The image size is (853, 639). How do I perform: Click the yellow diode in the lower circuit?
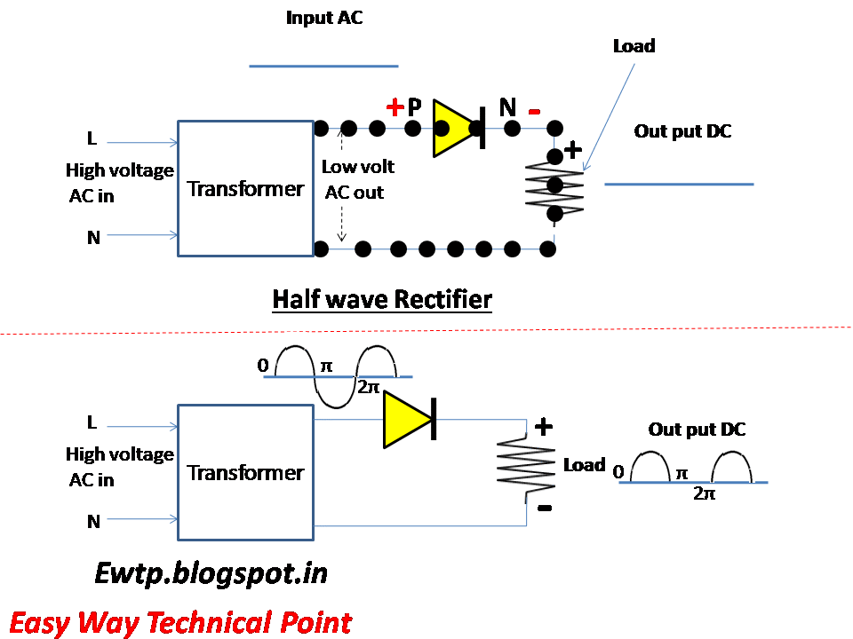[x=408, y=420]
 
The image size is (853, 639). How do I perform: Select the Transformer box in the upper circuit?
[x=245, y=188]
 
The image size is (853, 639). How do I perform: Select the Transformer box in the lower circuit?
[x=245, y=472]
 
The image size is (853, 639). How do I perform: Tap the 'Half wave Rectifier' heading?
[x=381, y=299]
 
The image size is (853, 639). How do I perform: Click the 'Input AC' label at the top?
[x=324, y=18]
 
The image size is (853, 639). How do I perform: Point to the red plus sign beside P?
[x=395, y=108]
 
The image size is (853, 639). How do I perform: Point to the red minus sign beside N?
[x=534, y=112]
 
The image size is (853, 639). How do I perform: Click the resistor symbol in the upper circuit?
[x=554, y=186]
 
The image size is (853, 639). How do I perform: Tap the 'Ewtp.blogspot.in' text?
[x=211, y=573]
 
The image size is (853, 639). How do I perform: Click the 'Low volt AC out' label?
[x=357, y=179]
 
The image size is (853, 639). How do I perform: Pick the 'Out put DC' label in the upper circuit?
[x=682, y=131]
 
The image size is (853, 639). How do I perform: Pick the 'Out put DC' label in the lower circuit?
[x=697, y=430]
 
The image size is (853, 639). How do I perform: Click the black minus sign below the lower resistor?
[x=545, y=508]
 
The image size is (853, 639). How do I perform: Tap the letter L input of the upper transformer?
[x=92, y=139]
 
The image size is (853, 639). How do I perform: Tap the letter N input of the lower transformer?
[x=93, y=522]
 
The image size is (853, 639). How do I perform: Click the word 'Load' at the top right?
[x=634, y=45]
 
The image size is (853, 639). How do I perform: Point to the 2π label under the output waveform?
[x=704, y=493]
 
